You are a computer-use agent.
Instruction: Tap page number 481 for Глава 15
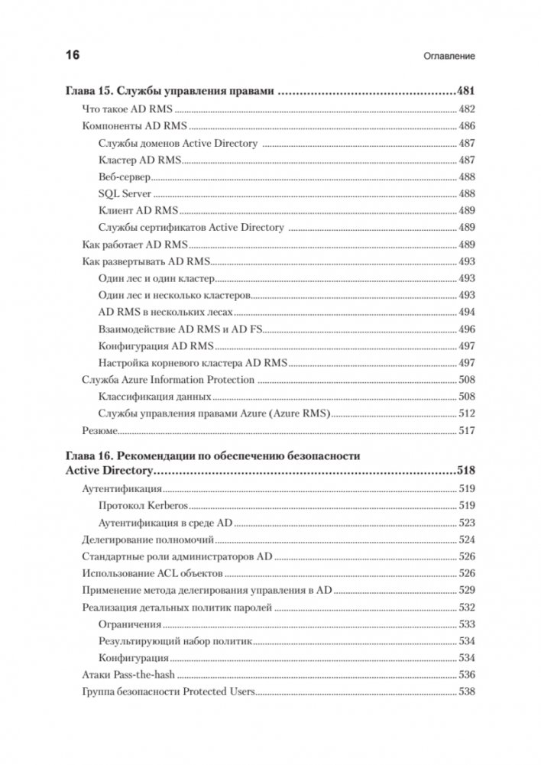(x=465, y=91)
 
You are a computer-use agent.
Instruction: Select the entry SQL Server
(x=125, y=193)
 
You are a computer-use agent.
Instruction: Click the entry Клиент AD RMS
(x=138, y=210)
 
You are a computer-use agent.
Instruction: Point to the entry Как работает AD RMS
(x=134, y=245)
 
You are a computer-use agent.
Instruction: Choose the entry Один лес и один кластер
(x=157, y=278)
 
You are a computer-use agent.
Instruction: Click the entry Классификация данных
(x=154, y=397)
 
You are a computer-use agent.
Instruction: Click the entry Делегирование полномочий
(x=138, y=539)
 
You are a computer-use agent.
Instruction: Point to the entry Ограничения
(x=130, y=624)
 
